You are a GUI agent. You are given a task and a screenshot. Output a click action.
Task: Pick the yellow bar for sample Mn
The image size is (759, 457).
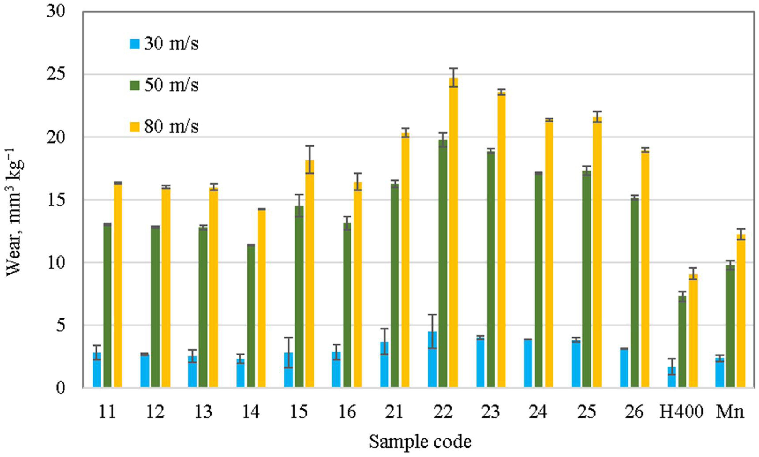pyautogui.click(x=741, y=311)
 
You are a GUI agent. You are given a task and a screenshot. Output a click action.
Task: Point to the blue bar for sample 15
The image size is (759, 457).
pyautogui.click(x=288, y=370)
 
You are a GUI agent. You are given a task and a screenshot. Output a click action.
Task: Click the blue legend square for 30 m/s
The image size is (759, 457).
pyautogui.click(x=135, y=44)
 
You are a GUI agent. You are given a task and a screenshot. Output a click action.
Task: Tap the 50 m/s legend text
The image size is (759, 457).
pyautogui.click(x=171, y=85)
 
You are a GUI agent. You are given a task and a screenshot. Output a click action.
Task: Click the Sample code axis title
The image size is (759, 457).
pyautogui.click(x=420, y=442)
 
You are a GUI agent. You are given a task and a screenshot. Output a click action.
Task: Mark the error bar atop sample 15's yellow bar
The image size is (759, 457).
pyautogui.click(x=310, y=160)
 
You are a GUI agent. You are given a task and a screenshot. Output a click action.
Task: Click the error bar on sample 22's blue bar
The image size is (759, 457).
pyautogui.click(x=432, y=331)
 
